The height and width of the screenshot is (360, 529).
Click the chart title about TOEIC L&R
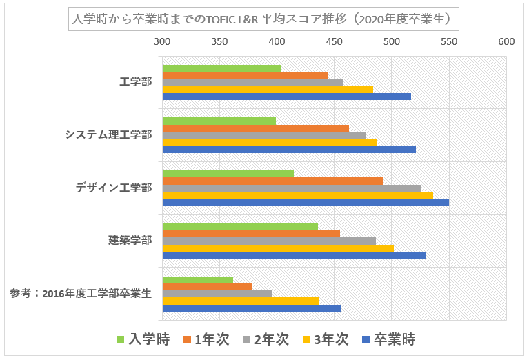click(x=264, y=19)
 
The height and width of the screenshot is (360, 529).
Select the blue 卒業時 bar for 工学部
click(x=286, y=97)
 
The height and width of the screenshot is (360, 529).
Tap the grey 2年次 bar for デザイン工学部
click(x=291, y=188)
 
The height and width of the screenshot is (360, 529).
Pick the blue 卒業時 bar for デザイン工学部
click(x=305, y=202)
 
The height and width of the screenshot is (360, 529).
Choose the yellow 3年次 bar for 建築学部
click(x=277, y=248)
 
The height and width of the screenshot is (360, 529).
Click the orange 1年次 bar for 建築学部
click(x=251, y=233)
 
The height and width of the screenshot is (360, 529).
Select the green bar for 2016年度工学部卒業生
click(x=197, y=279)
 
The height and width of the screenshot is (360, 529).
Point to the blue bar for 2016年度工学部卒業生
click(x=252, y=308)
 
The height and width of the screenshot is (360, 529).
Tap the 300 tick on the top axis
click(x=162, y=41)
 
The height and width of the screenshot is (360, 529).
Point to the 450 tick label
click(x=334, y=41)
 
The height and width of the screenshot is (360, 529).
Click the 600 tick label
click(x=506, y=41)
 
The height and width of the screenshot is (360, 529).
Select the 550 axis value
click(x=449, y=41)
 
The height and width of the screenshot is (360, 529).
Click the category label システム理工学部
click(x=108, y=134)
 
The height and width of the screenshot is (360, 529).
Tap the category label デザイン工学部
click(x=114, y=188)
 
